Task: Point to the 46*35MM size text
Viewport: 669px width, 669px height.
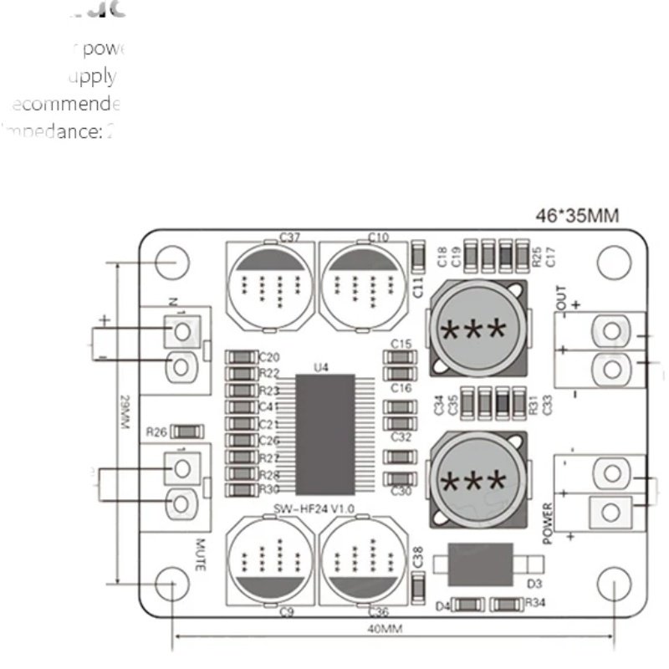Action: (577, 217)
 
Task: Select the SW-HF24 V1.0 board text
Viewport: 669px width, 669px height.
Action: (314, 509)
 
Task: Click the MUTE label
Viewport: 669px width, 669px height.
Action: (201, 554)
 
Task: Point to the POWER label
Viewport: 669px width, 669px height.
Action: (549, 523)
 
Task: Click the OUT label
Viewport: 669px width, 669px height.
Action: (560, 297)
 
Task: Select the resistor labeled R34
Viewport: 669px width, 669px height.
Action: (505, 603)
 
